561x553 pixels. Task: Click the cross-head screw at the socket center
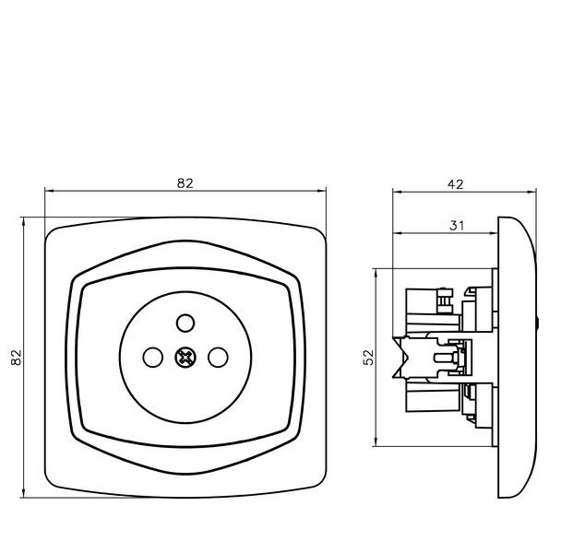point(185,357)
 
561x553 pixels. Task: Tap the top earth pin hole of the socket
point(185,323)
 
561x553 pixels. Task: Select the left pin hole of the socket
point(153,357)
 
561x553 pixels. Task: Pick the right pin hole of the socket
point(218,357)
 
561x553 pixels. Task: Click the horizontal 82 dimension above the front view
point(185,183)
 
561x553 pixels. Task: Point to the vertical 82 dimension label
point(17,357)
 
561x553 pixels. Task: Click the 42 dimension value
point(456,184)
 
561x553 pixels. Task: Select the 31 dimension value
point(457,226)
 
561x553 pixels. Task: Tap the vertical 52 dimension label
point(368,357)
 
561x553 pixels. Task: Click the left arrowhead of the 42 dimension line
point(397,192)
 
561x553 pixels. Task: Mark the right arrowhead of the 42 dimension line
point(532,192)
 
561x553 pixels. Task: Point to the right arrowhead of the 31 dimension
point(494,233)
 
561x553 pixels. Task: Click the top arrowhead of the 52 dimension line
point(376,273)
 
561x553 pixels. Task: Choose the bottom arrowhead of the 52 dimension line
point(376,441)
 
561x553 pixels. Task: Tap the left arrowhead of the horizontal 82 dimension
point(49,191)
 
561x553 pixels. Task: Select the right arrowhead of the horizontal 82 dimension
point(322,191)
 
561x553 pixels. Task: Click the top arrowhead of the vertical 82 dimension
point(24,221)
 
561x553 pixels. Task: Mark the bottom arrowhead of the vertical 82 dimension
point(24,493)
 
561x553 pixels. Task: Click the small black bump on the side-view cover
point(537,323)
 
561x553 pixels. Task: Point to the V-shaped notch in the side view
point(400,357)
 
